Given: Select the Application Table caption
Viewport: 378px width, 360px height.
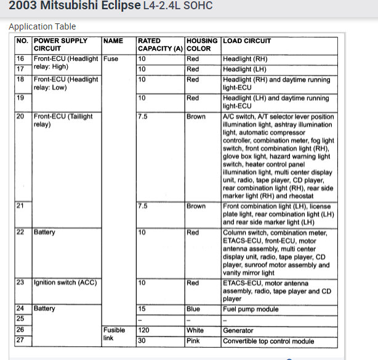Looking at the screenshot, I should [42, 26].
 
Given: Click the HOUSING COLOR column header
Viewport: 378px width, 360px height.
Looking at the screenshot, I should [202, 44].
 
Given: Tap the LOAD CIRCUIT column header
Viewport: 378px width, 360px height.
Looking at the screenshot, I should [247, 41].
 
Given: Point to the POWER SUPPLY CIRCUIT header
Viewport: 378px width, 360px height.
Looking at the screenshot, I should [60, 44].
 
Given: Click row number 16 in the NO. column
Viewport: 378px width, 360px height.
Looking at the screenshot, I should [22, 59].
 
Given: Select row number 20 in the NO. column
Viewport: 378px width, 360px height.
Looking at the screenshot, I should [22, 116].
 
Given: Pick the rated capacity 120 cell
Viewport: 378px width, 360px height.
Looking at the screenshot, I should [146, 330].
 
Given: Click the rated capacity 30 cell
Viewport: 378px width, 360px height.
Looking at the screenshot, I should [143, 340].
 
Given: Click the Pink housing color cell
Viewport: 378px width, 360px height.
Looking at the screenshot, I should [194, 340].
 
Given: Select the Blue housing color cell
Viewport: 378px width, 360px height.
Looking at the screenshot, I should [194, 309].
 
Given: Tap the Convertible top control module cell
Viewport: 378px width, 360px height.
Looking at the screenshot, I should [273, 340].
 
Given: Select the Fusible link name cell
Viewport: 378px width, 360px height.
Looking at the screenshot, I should [115, 335].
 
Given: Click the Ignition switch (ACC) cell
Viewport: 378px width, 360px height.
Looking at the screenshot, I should [65, 282].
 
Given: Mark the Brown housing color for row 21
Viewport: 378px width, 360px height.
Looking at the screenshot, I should [196, 206].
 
